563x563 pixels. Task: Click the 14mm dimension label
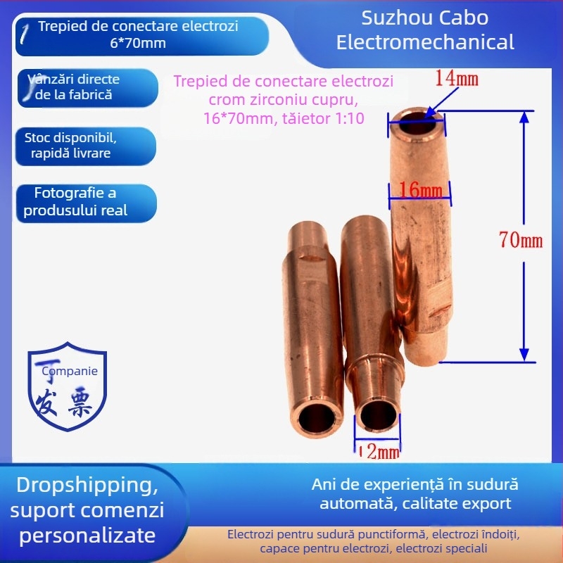click(x=456, y=77)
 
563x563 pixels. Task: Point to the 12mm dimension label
click(x=380, y=452)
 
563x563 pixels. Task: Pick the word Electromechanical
click(x=425, y=42)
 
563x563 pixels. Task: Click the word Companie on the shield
click(x=70, y=371)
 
